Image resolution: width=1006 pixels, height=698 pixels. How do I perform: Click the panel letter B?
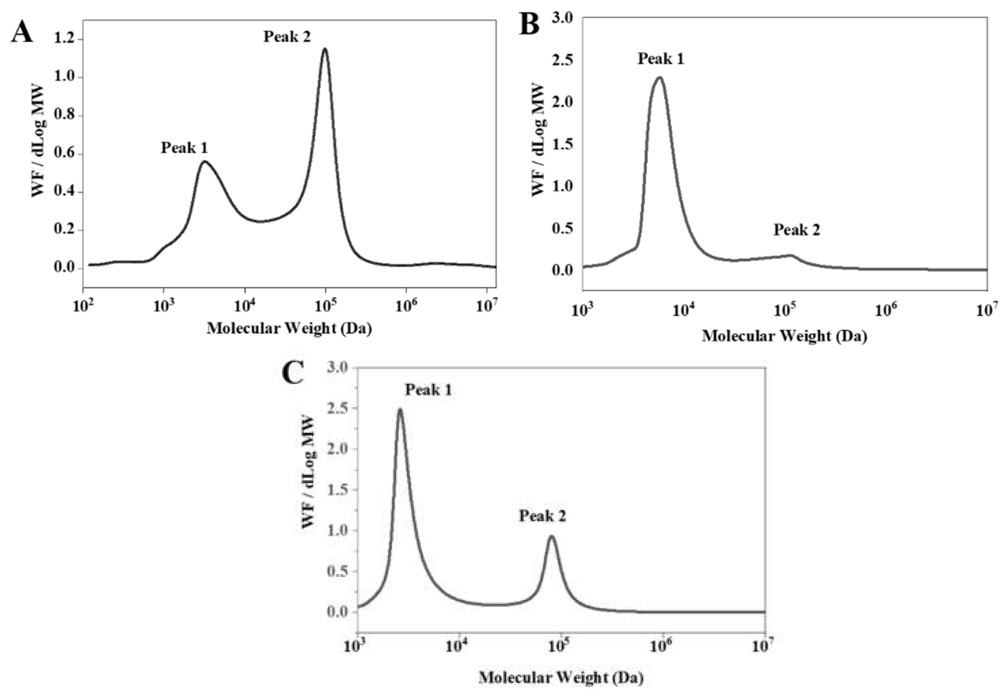point(529,24)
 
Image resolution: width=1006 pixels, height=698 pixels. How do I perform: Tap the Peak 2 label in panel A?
point(287,37)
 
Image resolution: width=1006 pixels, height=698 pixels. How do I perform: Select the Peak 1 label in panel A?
point(184,148)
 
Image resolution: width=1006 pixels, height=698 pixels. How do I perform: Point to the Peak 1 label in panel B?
point(661,59)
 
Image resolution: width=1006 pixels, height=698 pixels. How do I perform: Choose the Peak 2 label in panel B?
point(797,230)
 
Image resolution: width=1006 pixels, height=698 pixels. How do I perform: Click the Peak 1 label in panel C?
point(428,390)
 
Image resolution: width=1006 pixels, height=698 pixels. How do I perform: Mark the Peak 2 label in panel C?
point(542,516)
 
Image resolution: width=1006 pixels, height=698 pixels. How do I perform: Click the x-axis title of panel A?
point(289,328)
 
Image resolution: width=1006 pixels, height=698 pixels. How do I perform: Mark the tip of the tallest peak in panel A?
point(324,49)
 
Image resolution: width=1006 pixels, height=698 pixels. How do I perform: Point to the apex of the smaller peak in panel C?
point(552,536)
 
